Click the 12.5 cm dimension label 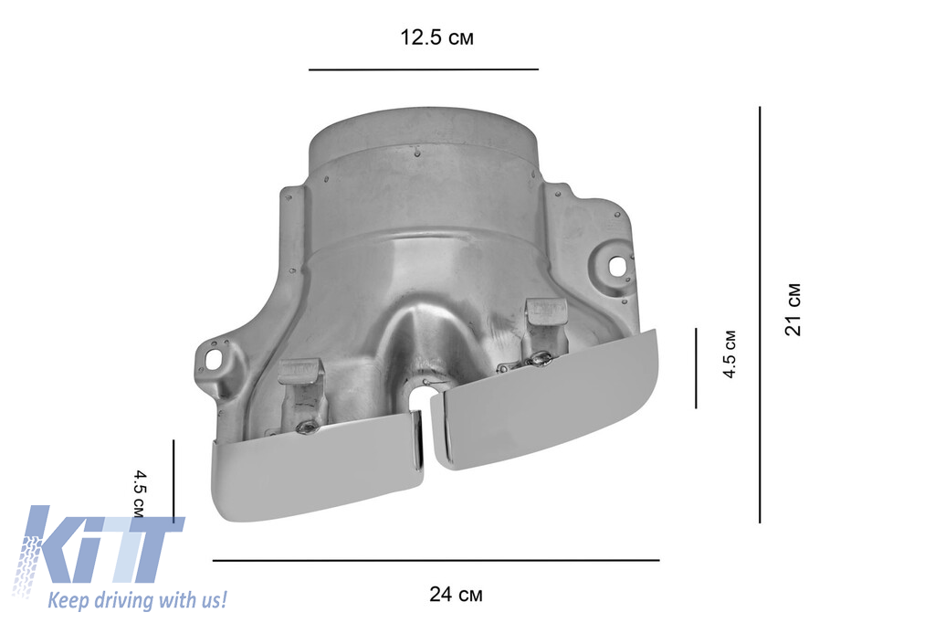(x=436, y=37)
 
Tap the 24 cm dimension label (x=457, y=595)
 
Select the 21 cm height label (x=793, y=310)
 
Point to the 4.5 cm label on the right (x=730, y=354)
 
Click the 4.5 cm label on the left (x=139, y=494)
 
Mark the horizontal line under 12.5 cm (x=424, y=69)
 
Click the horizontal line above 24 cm (x=436, y=560)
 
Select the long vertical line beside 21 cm (x=760, y=315)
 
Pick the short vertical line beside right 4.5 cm (x=696, y=368)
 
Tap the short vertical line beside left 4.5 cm (x=173, y=481)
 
